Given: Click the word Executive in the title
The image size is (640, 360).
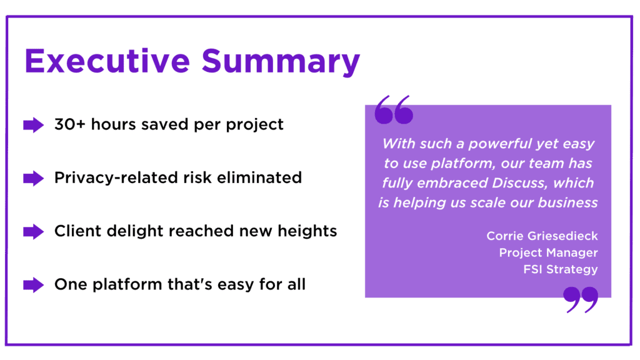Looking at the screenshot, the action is coord(107,61).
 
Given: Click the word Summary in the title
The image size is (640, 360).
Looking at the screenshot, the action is coord(281,62).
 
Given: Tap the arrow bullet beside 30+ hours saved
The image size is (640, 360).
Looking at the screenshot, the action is coord(34,125).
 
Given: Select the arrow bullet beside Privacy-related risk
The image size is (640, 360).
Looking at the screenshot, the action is coord(34,178).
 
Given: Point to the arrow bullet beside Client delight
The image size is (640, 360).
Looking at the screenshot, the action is coord(34,231).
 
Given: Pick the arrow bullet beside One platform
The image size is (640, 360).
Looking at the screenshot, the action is coord(34,285).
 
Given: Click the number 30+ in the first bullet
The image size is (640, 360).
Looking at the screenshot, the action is coord(70,124).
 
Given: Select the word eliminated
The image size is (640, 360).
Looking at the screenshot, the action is coord(259,178).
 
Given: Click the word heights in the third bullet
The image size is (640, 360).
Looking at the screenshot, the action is coord(307,231).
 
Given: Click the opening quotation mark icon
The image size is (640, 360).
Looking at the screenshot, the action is coord(394,110).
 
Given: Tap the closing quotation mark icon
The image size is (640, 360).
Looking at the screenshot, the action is coord(581,299).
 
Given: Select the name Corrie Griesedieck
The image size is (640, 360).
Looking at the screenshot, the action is coord(542,236).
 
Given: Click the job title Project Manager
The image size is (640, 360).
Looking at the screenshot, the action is coord(548,252).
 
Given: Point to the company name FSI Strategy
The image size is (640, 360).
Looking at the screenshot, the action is coord(561,269).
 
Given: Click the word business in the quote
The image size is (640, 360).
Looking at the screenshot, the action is coord(567,202).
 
